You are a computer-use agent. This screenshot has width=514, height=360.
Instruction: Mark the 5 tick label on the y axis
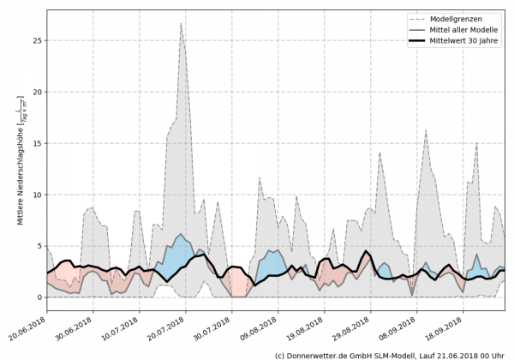pos(38,246)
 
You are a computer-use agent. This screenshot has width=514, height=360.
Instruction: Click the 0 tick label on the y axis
pos(38,297)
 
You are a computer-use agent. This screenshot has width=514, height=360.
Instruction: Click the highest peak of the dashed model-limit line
pos(181,23)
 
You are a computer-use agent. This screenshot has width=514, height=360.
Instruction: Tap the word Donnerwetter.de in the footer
pos(320,354)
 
